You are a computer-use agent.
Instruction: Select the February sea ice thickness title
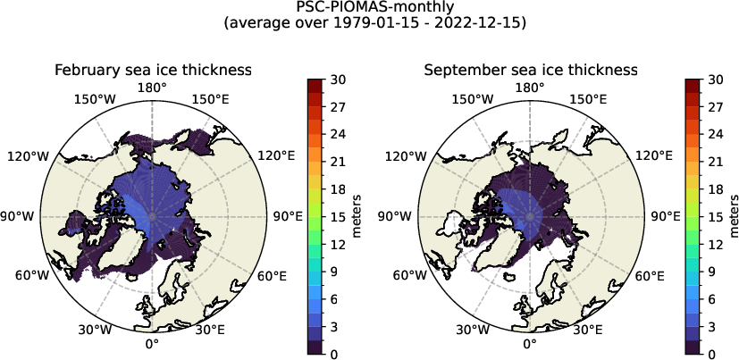pos(152,70)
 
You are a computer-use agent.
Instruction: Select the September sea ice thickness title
pos(530,70)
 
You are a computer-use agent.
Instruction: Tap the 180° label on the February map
pos(152,88)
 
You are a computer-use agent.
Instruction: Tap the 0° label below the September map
pos(530,344)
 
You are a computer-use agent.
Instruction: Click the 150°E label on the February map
pos(211,99)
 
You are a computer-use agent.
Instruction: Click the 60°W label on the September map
pos(409,275)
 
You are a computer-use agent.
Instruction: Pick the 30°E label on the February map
pos(210,330)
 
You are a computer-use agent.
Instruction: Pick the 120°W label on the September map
pos(405,156)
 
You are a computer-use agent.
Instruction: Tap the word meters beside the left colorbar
pos(356,216)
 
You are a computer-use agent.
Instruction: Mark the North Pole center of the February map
pos(152,216)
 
